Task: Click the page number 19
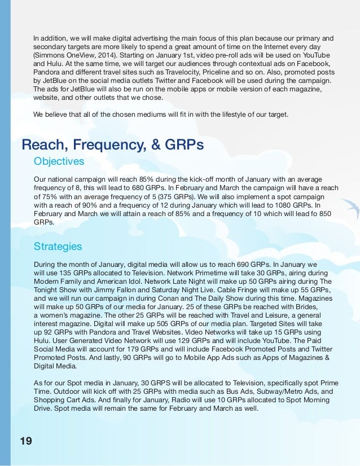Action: [25, 440]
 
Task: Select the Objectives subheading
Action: [59, 161]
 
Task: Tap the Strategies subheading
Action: [58, 247]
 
